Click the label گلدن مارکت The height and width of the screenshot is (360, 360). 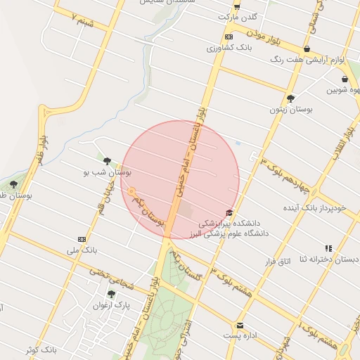238,15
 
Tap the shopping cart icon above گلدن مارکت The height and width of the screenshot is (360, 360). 236,6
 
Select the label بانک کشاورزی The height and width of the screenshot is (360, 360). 228,48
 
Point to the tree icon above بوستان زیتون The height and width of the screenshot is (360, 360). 290,98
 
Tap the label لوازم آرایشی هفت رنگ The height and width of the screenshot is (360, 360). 310,60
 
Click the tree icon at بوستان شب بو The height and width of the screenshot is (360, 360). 107,161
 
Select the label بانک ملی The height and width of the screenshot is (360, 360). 83,250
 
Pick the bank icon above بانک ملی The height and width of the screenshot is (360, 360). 82,239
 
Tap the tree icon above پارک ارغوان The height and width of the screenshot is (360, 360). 111,295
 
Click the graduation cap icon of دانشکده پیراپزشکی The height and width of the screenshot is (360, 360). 229,213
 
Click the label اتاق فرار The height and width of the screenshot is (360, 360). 276,262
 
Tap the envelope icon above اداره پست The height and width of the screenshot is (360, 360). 240,326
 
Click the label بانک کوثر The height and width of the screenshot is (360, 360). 39,349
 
